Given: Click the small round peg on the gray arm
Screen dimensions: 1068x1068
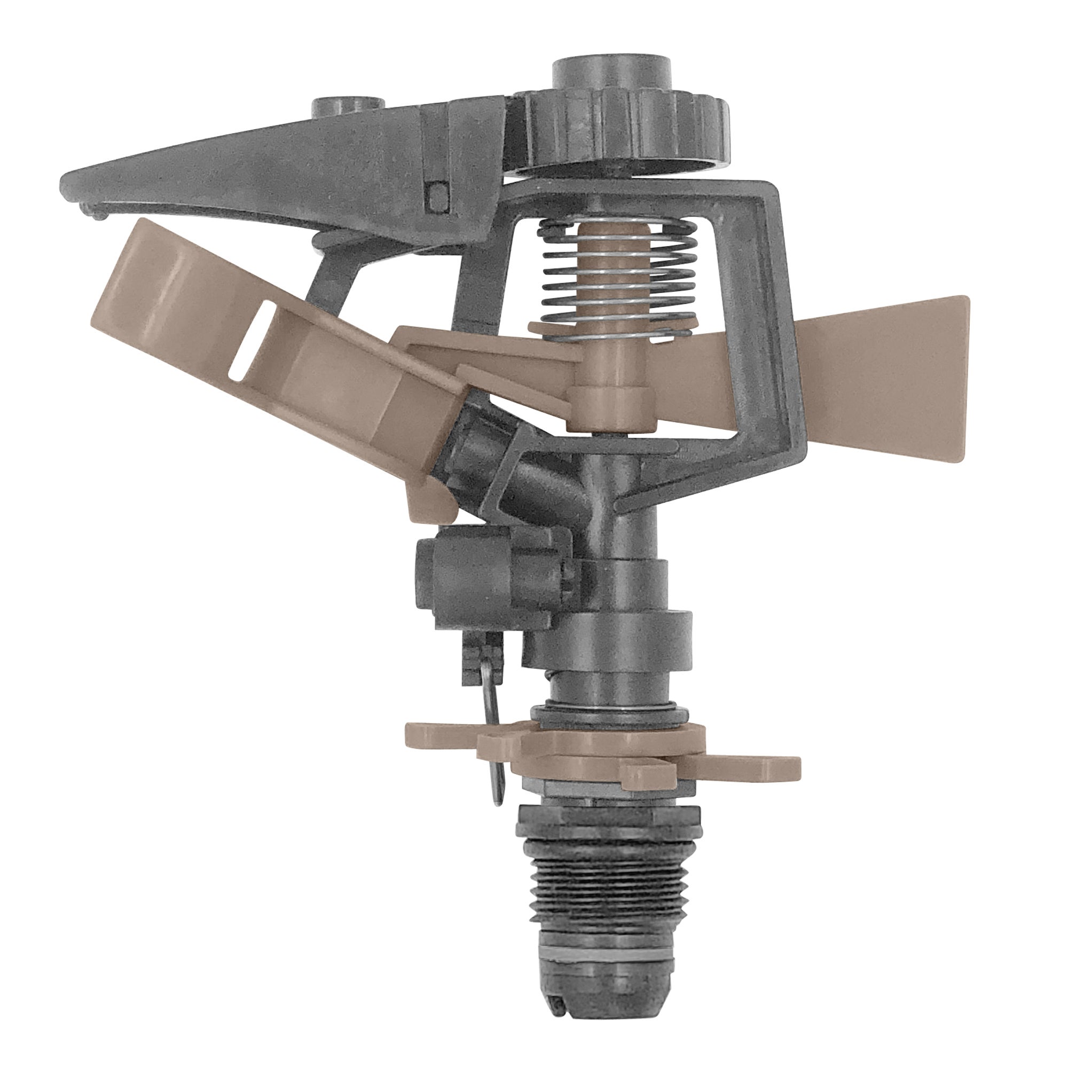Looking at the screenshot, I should [x=347, y=105].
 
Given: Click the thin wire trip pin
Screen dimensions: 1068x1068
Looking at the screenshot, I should [x=493, y=735].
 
